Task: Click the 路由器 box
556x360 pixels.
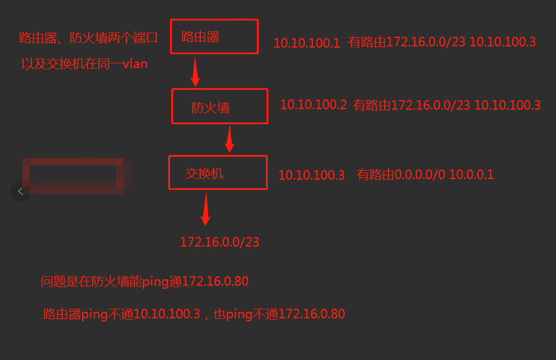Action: click(x=214, y=37)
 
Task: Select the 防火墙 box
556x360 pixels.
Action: click(x=219, y=107)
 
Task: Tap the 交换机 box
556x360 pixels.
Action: click(x=217, y=173)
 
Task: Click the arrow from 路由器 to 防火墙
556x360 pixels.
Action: click(x=195, y=72)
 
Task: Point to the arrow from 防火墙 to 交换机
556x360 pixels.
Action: click(x=229, y=139)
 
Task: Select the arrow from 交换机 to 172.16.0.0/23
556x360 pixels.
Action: click(x=205, y=209)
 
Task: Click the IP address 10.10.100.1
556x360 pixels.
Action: click(x=307, y=43)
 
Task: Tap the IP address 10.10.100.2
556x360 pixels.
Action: click(x=313, y=105)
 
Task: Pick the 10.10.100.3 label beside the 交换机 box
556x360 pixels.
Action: click(x=311, y=175)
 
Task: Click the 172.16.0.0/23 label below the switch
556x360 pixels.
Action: click(x=220, y=242)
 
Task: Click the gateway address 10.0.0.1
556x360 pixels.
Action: click(x=471, y=175)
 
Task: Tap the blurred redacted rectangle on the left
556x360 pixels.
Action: click(x=73, y=175)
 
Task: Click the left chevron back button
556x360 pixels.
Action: click(x=21, y=192)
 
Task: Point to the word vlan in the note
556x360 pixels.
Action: click(x=135, y=64)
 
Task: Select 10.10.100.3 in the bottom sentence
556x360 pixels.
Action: click(x=166, y=314)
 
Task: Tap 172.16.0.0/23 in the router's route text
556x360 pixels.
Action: click(x=426, y=43)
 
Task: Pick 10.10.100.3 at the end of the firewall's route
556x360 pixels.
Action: click(x=507, y=105)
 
